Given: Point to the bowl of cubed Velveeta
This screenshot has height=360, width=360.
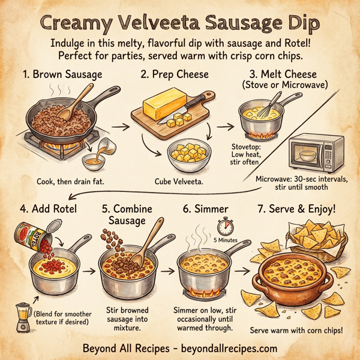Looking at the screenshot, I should coord(188,157).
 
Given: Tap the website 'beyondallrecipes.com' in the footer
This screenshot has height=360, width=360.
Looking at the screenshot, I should coord(227,348).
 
